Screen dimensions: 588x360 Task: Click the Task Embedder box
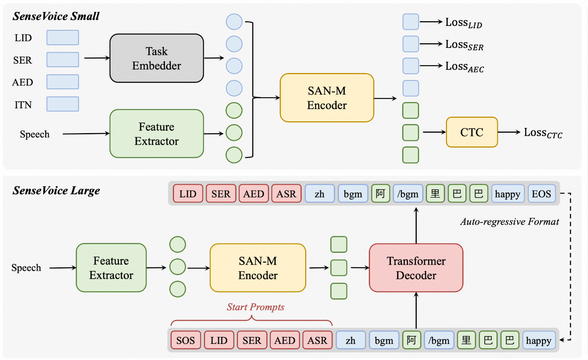[x=156, y=58]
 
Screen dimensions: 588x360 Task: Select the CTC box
[x=472, y=132]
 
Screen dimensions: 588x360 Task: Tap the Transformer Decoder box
[x=416, y=268]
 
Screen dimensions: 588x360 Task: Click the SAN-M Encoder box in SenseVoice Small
[x=327, y=98]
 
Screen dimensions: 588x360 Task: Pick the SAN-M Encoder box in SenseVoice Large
[x=258, y=268]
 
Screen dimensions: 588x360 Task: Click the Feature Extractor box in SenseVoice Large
[x=111, y=268]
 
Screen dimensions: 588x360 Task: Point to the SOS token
[x=185, y=340]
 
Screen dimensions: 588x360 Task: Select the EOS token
[x=542, y=194]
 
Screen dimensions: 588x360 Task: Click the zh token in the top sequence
[x=319, y=194]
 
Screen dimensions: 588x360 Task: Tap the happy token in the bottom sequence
[x=539, y=340]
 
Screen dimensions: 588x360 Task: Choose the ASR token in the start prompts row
[x=317, y=340]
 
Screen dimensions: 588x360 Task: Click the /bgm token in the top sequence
[x=408, y=194]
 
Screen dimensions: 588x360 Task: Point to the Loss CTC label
[x=543, y=133]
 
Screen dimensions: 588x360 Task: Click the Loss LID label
[x=464, y=23]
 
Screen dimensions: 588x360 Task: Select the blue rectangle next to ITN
[x=63, y=104]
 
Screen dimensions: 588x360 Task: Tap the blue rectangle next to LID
[x=63, y=38]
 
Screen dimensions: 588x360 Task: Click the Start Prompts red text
[x=255, y=307]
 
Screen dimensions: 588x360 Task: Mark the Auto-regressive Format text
[x=509, y=222]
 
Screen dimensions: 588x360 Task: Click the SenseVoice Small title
[x=56, y=16]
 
